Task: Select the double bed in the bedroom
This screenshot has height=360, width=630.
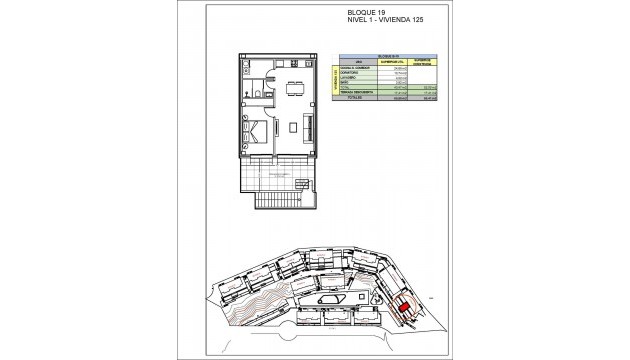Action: (x=254, y=131)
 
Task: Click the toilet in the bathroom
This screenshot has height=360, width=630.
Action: (x=258, y=96)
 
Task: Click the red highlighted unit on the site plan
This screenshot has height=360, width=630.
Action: (x=404, y=309)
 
